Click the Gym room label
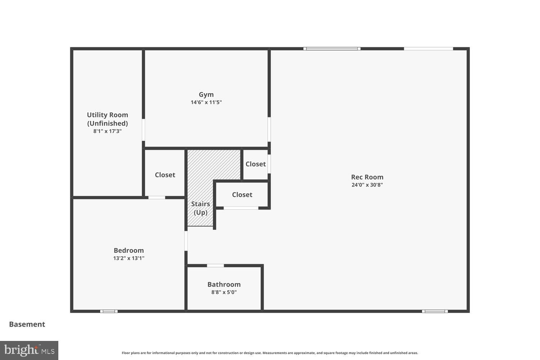tap(206, 95)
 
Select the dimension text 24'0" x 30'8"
tap(367, 185)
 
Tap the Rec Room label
tap(367, 177)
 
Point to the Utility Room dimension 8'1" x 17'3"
tap(107, 131)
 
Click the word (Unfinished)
tap(107, 123)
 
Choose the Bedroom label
tap(129, 251)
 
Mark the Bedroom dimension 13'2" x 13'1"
tap(129, 258)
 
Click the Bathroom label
tap(224, 284)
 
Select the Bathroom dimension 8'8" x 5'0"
tap(224, 292)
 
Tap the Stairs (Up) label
tap(201, 208)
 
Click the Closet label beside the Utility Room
tap(165, 175)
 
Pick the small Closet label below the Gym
tap(256, 164)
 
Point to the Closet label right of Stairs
tap(242, 195)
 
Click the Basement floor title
tap(27, 324)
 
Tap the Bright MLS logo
tap(29, 350)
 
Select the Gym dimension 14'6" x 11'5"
tap(206, 102)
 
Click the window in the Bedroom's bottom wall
tap(109, 311)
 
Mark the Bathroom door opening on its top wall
tap(215, 266)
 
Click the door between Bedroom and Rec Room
tap(186, 241)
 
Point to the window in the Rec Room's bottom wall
tap(435, 311)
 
